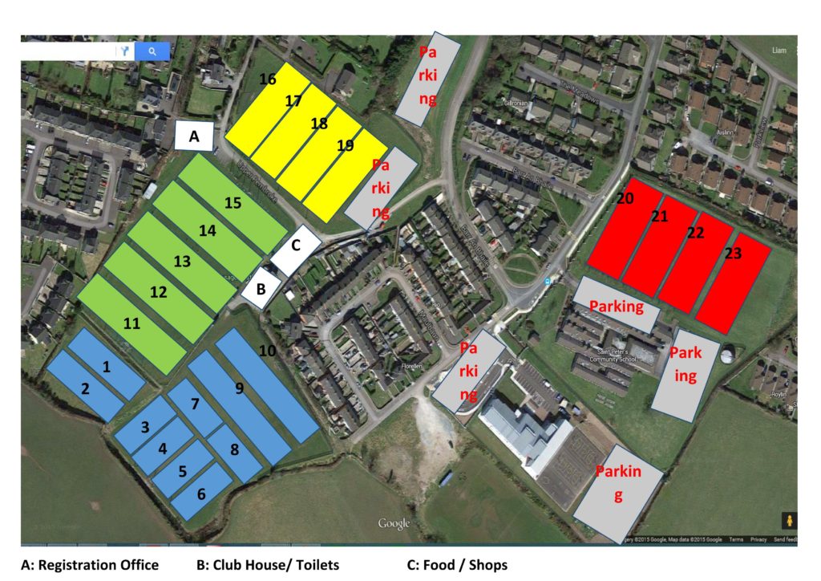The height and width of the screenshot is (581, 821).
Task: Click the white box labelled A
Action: tap(194, 136)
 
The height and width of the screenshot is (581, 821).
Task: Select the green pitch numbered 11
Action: tap(133, 324)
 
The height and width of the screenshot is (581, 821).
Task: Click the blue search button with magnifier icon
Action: tap(152, 52)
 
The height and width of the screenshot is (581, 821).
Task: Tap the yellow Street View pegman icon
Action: tap(790, 520)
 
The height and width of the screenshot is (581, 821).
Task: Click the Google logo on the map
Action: tap(394, 524)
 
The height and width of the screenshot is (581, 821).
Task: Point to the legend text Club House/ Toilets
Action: tap(267, 565)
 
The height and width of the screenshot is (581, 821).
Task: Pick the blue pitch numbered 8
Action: tap(234, 450)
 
